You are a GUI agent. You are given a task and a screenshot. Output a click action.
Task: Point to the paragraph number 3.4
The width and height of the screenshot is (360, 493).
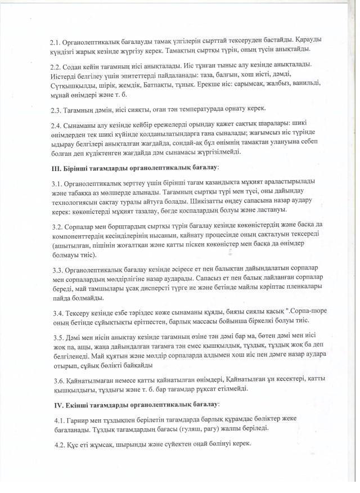click(x=55, y=312)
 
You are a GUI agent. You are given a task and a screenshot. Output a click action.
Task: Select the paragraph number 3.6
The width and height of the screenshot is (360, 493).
click(x=55, y=380)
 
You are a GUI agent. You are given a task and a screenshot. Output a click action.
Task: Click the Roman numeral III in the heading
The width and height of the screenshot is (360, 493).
click(x=55, y=167)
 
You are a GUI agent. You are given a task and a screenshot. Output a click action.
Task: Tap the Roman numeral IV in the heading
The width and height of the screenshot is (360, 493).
click(x=55, y=404)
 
